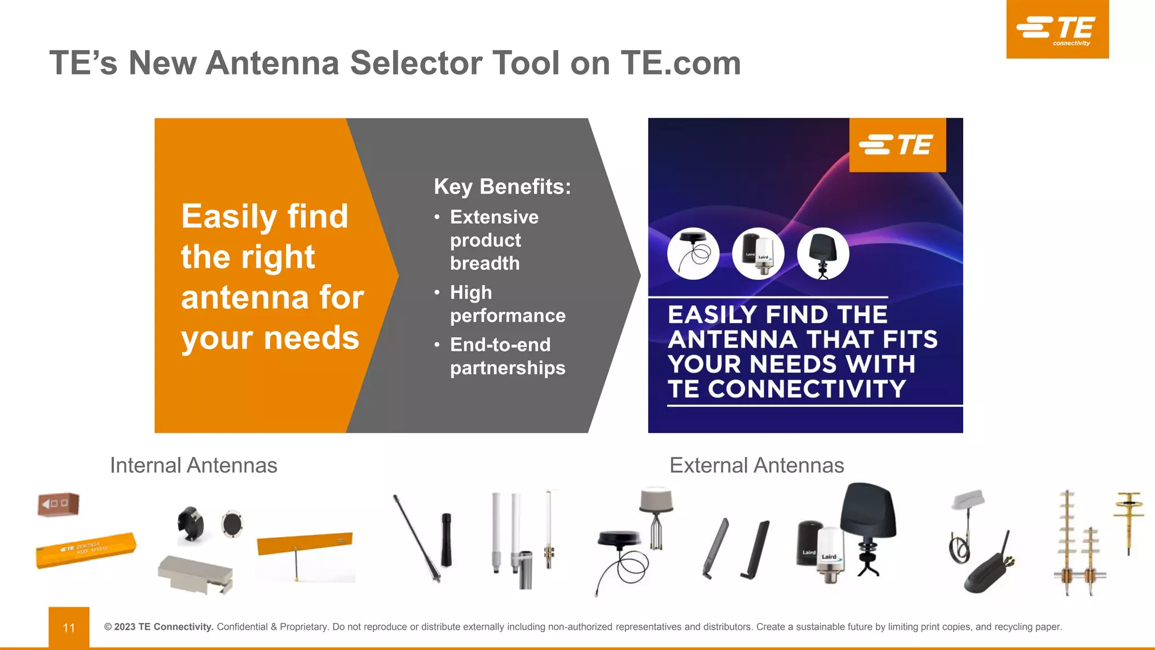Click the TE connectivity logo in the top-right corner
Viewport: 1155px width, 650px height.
click(x=1057, y=29)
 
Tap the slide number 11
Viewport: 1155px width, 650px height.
click(x=69, y=627)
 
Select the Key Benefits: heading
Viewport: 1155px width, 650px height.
click(x=502, y=187)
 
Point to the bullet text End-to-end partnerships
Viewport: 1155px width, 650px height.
click(x=507, y=356)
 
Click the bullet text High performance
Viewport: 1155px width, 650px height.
click(x=507, y=304)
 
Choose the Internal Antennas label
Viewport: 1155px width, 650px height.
click(x=193, y=465)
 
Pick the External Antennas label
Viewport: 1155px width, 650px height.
click(x=756, y=465)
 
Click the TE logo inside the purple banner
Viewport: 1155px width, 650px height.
click(x=897, y=145)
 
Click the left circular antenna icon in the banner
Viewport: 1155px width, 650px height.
click(x=693, y=253)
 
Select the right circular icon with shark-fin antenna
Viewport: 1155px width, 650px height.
click(x=823, y=253)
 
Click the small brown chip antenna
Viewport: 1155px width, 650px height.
click(x=58, y=504)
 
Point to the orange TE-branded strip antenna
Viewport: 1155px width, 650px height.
click(x=86, y=550)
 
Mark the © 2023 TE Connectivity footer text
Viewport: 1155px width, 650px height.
click(x=158, y=627)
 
